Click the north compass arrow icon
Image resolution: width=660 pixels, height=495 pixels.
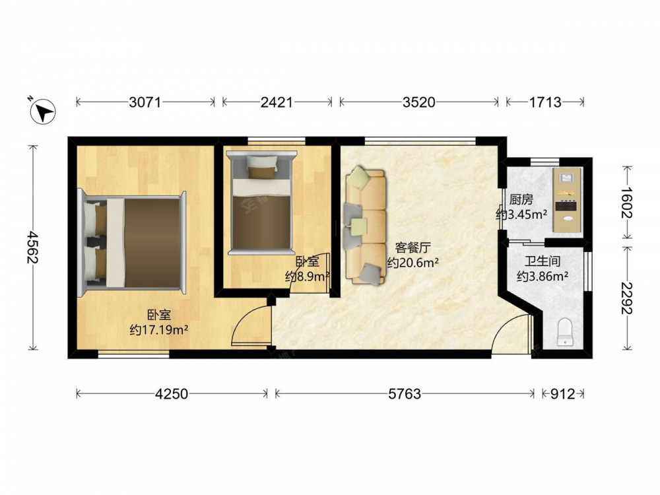(x=43, y=111)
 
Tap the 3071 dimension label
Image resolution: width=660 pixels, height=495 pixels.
(x=145, y=102)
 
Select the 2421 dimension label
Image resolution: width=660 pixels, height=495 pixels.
(x=277, y=102)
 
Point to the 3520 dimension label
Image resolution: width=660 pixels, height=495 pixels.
(x=419, y=102)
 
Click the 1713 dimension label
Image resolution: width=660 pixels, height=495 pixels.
(x=545, y=102)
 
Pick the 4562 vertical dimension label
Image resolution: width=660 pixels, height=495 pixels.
(x=32, y=247)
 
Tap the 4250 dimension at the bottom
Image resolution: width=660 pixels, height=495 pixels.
(x=172, y=394)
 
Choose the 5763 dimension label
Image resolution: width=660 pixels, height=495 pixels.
(x=405, y=394)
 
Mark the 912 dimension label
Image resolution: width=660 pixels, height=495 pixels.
(x=563, y=394)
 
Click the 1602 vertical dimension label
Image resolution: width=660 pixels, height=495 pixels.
(x=627, y=203)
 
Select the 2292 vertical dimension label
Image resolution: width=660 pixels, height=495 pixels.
(x=627, y=298)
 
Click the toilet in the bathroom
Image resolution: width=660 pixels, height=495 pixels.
(x=565, y=332)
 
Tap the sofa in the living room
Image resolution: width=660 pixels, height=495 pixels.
(x=366, y=226)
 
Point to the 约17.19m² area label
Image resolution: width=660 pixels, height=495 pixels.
(x=159, y=329)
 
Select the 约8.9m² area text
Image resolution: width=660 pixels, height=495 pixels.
(x=308, y=277)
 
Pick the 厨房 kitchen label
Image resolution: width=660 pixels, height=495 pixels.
(x=521, y=199)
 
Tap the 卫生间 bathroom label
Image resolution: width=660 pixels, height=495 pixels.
(x=543, y=261)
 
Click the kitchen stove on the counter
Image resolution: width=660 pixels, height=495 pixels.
(x=567, y=206)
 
